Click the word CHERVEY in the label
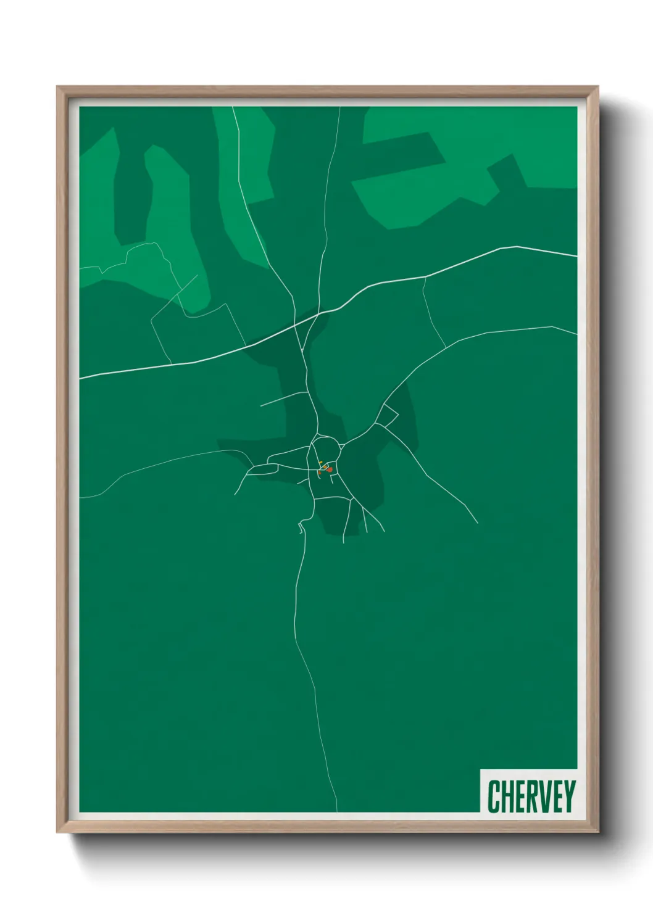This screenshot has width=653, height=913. [531, 796]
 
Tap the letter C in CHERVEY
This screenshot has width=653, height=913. [494, 796]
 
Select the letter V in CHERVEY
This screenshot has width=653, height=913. [544, 796]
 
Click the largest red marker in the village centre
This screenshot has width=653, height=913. [330, 470]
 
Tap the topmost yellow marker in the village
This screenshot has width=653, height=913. [320, 461]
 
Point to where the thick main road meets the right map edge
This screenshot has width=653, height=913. [576, 255]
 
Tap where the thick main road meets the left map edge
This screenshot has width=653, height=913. [81, 378]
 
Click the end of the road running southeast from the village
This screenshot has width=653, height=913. [477, 523]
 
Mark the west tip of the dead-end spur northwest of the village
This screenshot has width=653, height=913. [261, 406]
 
